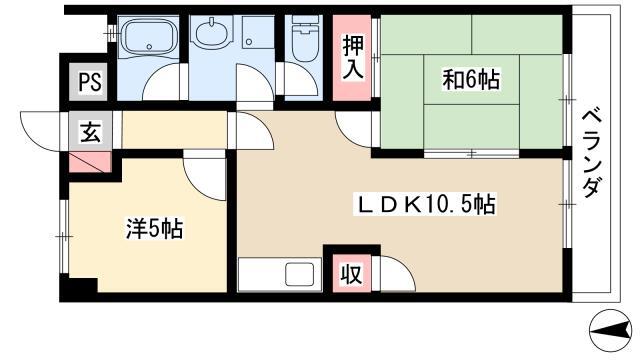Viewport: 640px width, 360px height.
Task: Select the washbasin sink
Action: [x=210, y=35]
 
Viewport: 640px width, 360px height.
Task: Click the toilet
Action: [x=301, y=40]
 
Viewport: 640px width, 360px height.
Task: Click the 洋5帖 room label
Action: [x=152, y=228]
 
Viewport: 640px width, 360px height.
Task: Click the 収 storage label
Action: [x=351, y=272]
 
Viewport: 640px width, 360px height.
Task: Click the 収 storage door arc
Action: [x=390, y=270]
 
